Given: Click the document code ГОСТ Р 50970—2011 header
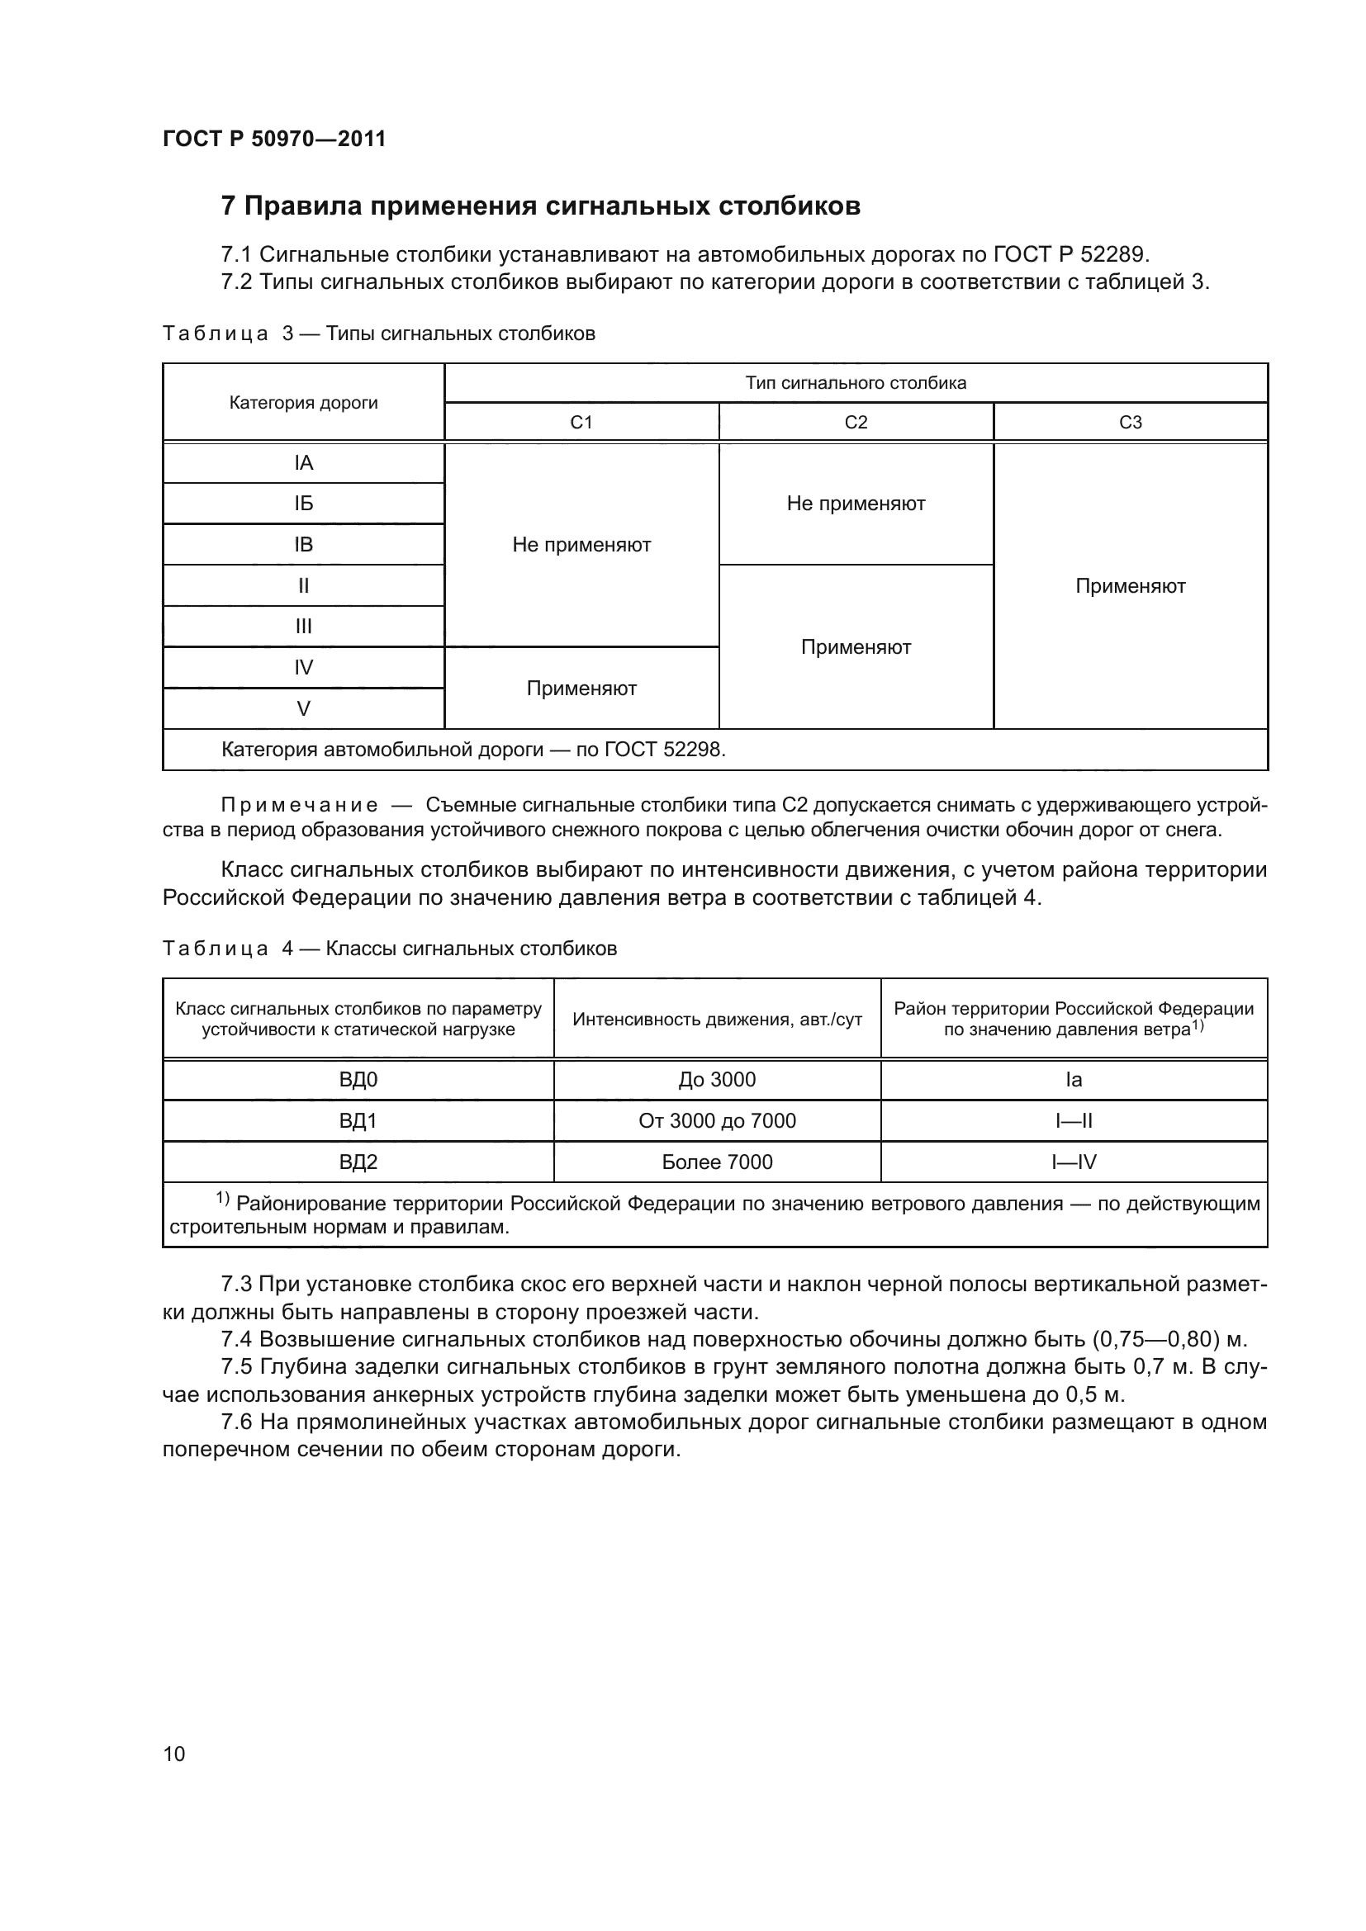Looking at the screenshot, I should [274, 139].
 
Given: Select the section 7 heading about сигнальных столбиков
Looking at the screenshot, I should [540, 206].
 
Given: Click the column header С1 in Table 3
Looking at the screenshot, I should [581, 422].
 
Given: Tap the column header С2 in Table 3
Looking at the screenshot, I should [856, 422].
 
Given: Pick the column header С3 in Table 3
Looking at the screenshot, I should [1131, 422].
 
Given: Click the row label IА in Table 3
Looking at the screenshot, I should [304, 463].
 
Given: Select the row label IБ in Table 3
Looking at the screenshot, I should [304, 504].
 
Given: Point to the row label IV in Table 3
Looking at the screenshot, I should [304, 668].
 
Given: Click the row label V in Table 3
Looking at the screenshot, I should [304, 709].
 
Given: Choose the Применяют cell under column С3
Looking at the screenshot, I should [1131, 586].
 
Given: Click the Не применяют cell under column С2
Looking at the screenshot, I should [856, 504].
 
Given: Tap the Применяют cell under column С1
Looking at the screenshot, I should [581, 689].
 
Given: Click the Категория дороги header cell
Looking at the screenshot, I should [304, 403].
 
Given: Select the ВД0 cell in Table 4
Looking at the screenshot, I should [358, 1080].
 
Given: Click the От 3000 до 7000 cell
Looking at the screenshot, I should [717, 1121].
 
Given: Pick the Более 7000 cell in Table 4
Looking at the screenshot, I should [717, 1162].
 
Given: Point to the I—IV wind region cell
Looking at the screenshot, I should [1074, 1162].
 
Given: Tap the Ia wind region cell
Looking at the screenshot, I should [1074, 1080].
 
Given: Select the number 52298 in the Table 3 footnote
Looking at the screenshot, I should [693, 750].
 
